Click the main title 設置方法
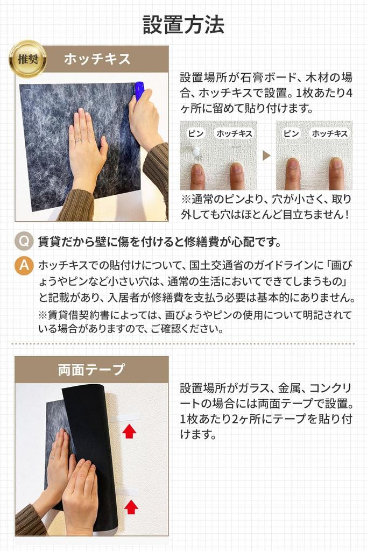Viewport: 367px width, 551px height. pyautogui.click(x=183, y=25)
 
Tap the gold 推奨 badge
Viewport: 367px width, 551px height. pyautogui.click(x=27, y=59)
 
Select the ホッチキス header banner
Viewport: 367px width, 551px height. pyautogui.click(x=97, y=59)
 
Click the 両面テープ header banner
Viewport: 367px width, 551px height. pyautogui.click(x=91, y=370)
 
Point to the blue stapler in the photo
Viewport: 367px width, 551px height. pyautogui.click(x=139, y=90)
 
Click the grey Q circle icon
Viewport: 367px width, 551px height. pyautogui.click(x=24, y=242)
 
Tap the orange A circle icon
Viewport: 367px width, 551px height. pyautogui.click(x=24, y=265)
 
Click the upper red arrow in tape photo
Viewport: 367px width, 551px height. pyautogui.click(x=129, y=431)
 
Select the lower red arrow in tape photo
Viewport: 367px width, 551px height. pyautogui.click(x=131, y=506)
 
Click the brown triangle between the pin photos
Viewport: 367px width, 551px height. pyautogui.click(x=266, y=156)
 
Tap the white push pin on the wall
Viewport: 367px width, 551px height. pyautogui.click(x=195, y=151)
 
